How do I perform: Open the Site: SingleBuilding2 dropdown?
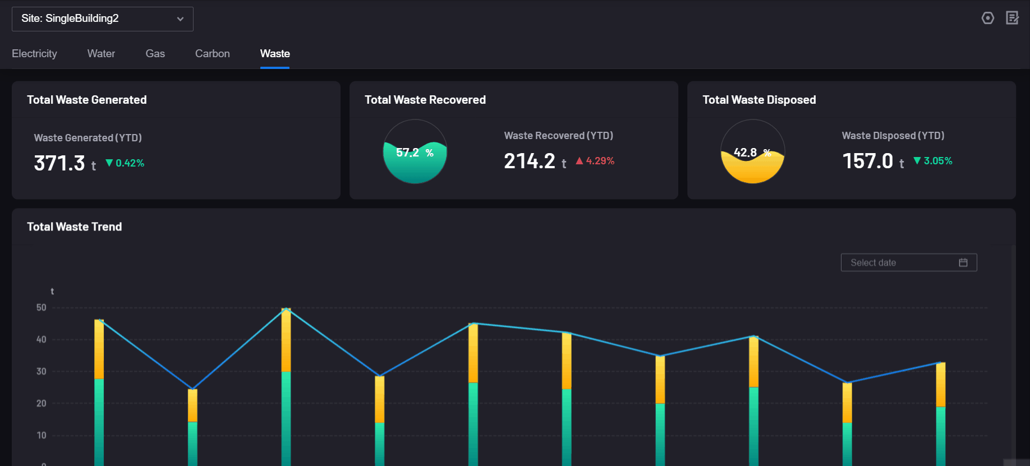click(x=102, y=19)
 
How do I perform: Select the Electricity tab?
click(x=34, y=54)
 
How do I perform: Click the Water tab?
click(x=101, y=54)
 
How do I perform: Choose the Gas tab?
click(x=155, y=54)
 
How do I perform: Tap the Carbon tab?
click(x=212, y=54)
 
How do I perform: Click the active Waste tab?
click(x=275, y=54)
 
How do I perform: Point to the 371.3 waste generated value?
click(x=59, y=163)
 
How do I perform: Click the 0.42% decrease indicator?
click(x=125, y=163)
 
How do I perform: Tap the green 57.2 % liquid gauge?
click(x=415, y=152)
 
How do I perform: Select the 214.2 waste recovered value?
click(x=530, y=162)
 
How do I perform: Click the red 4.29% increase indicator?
click(x=595, y=161)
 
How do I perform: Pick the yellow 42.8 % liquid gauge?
click(x=752, y=152)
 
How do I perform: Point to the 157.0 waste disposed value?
click(x=867, y=162)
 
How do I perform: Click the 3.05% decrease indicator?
click(x=933, y=161)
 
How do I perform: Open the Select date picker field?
click(x=908, y=262)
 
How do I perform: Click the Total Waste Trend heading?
click(x=74, y=227)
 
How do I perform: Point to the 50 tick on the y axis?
click(x=42, y=307)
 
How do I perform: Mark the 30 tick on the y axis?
click(x=42, y=371)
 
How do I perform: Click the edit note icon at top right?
click(x=1012, y=18)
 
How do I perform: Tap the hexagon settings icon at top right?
click(x=988, y=18)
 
